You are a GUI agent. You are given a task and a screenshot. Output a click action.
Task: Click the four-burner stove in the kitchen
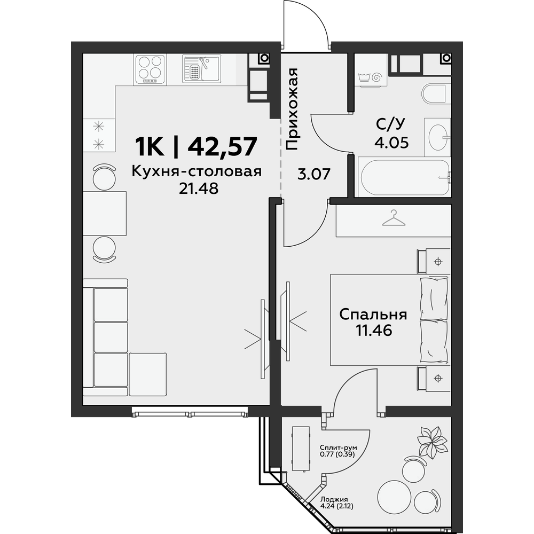click(x=151, y=69)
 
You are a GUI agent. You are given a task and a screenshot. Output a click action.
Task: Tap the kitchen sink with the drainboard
click(x=201, y=69)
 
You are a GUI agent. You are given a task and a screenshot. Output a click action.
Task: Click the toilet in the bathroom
click(x=434, y=93)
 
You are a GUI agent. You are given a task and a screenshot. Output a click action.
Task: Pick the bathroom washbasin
click(x=438, y=137)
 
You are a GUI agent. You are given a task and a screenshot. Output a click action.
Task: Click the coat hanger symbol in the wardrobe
click(x=394, y=218)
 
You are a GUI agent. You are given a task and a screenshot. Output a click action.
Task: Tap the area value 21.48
click(x=199, y=188)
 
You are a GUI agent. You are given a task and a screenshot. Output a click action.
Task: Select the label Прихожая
click(x=292, y=109)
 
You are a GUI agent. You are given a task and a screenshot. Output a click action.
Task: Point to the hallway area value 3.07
click(x=313, y=175)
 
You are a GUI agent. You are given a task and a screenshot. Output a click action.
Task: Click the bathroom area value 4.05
click(x=391, y=143)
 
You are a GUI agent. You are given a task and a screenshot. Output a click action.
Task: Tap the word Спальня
click(x=373, y=314)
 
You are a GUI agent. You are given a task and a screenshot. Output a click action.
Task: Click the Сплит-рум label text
click(x=338, y=447)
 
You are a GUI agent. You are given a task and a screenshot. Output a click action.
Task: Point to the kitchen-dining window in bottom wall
click(x=190, y=414)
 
